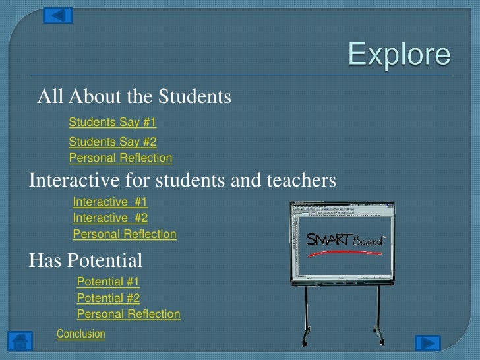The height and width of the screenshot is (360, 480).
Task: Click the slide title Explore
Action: tap(399, 55)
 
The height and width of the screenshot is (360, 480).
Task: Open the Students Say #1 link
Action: tap(112, 122)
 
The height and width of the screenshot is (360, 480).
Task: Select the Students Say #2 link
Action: tap(112, 142)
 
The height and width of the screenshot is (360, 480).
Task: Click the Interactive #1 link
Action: tap(110, 202)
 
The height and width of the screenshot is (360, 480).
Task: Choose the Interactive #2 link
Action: tap(110, 218)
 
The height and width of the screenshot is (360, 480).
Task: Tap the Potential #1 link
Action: tap(108, 282)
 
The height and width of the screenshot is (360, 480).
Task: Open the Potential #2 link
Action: tap(108, 298)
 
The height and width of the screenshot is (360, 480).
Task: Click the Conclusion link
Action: tap(81, 334)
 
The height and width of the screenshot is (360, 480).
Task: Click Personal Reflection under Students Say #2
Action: tap(121, 158)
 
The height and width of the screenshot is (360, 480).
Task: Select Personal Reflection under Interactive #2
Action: tap(125, 234)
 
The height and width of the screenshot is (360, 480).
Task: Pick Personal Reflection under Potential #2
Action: tap(129, 315)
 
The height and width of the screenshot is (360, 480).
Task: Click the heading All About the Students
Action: tap(135, 97)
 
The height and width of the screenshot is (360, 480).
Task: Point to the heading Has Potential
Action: tap(86, 260)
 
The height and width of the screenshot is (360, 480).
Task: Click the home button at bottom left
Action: tap(20, 342)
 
